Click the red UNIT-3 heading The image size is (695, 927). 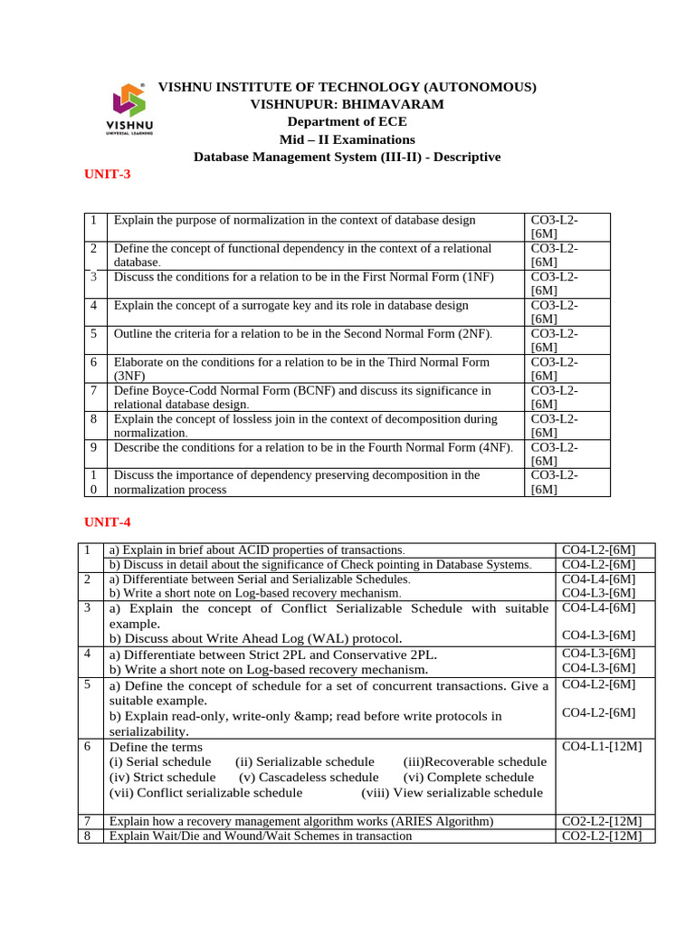click(x=108, y=174)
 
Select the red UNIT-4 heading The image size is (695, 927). click(x=108, y=521)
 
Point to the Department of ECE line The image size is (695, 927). click(x=347, y=121)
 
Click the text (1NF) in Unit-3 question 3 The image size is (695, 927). click(x=477, y=277)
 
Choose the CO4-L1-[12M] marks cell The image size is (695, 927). click(x=602, y=747)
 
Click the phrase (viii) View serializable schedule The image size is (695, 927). click(x=452, y=792)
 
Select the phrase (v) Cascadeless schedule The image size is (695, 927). click(x=309, y=777)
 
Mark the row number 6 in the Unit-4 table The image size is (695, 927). click(x=87, y=747)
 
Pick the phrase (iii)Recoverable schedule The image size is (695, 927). click(x=474, y=761)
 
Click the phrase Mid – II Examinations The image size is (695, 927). click(x=347, y=139)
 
